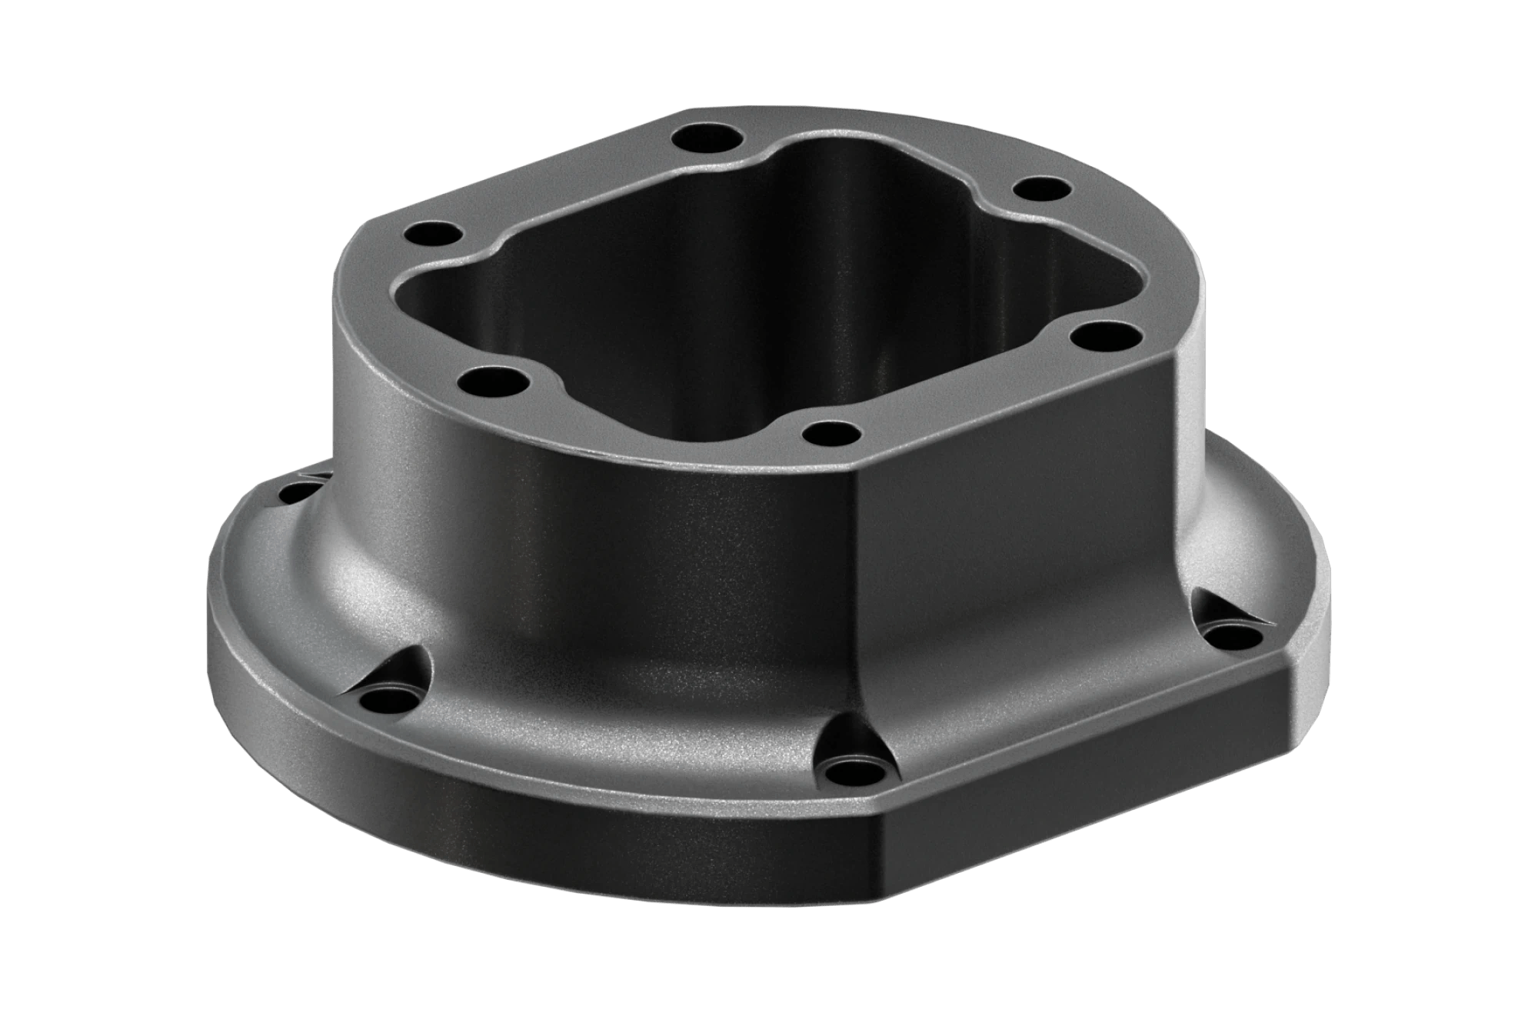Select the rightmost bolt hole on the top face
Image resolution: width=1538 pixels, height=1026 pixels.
(1097, 336)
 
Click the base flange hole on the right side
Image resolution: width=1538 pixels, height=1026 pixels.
(1231, 638)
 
